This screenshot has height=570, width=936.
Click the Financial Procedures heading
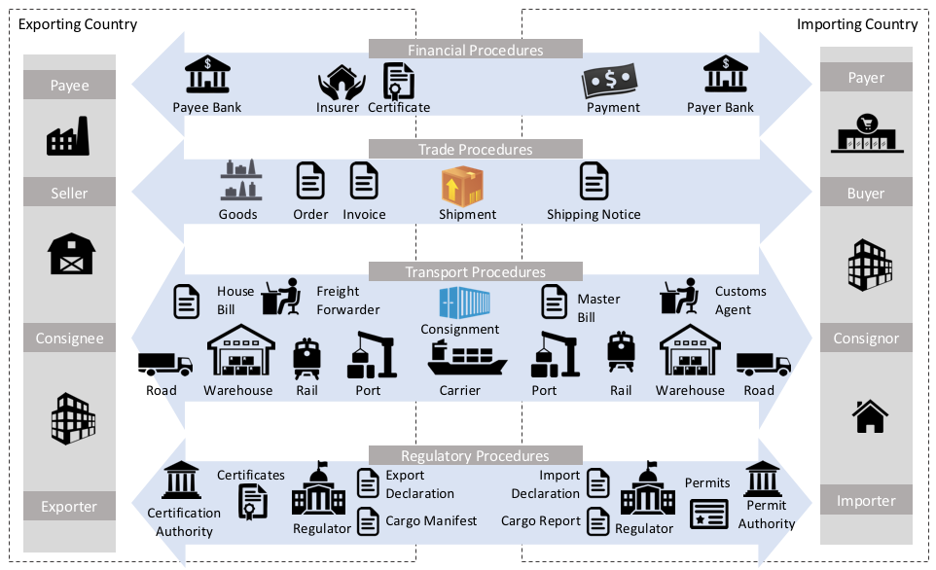tap(475, 50)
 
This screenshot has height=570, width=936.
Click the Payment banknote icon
tap(609, 81)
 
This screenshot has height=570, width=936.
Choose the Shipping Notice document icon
tap(594, 182)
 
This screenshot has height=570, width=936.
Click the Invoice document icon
tap(364, 182)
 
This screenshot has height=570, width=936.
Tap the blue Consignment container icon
tap(460, 303)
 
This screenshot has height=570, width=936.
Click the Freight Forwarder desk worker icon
tap(282, 297)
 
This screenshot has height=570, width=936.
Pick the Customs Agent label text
tap(740, 301)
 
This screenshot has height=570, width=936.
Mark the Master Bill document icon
tap(555, 301)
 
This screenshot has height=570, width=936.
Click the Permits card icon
tap(708, 515)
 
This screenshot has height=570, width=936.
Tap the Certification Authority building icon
tap(182, 481)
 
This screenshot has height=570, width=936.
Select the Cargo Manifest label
tap(431, 520)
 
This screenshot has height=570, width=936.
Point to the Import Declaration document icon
tap(598, 483)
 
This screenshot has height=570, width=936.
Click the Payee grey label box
tap(69, 85)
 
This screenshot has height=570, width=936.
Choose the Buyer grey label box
tap(866, 193)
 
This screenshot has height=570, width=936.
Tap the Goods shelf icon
tap(237, 182)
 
